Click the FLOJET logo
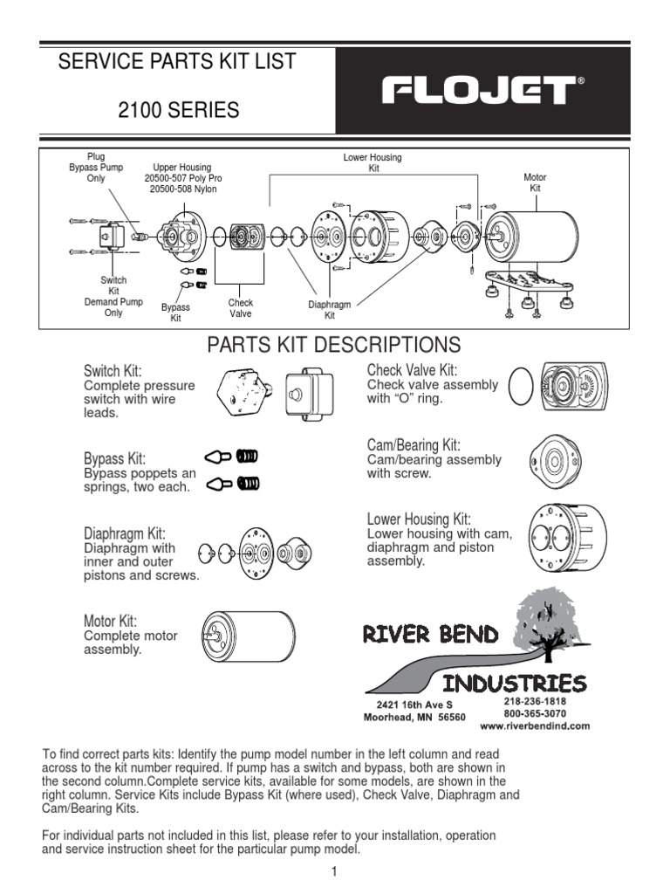coord(476,90)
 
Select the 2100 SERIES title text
coord(178,111)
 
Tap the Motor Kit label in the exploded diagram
coord(535,182)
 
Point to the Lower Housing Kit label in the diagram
coord(373,162)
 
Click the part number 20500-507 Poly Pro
coord(181,178)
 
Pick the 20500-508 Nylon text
coord(182,189)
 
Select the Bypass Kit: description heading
coord(114,458)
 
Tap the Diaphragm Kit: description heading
coord(124,533)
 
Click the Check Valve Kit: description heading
coord(412,370)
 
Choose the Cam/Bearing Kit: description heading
coord(414,445)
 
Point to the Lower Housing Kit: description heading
coord(419,519)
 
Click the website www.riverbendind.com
coord(535,726)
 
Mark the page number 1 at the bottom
coord(334,871)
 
